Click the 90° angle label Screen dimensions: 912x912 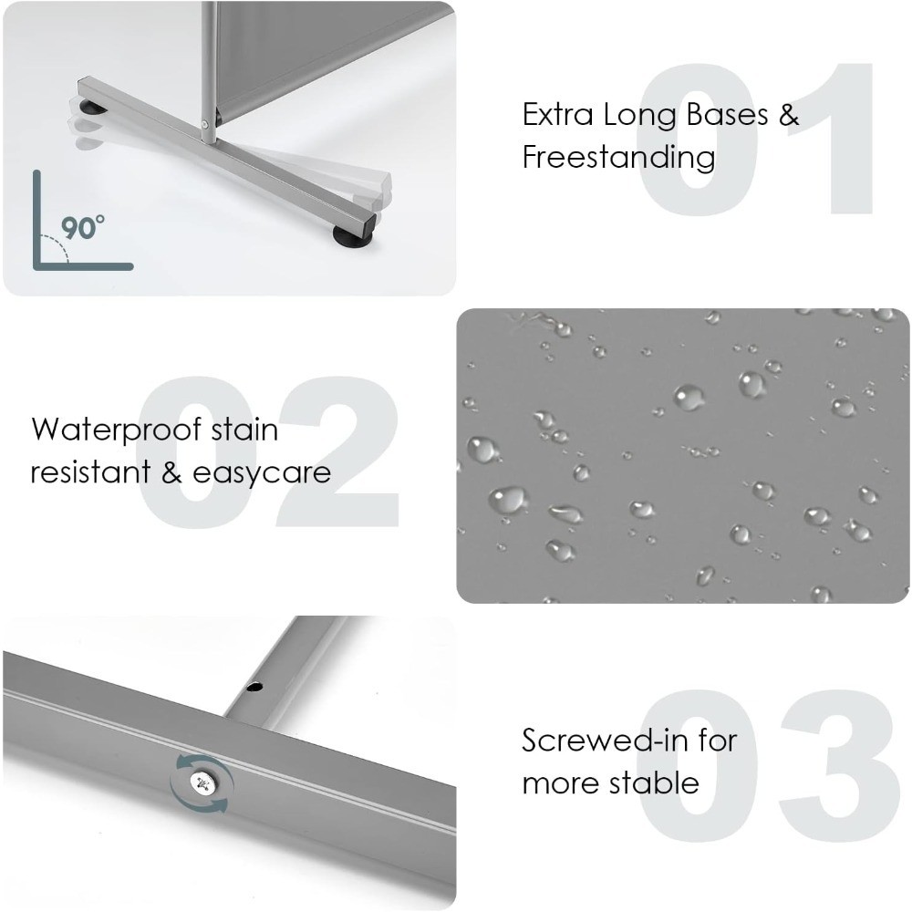click(83, 227)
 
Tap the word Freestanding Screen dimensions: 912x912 click(619, 157)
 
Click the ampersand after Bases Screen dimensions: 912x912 click(788, 114)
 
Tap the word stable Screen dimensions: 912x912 click(656, 782)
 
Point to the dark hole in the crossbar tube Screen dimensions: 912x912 click(254, 687)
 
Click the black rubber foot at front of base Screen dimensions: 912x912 click(352, 235)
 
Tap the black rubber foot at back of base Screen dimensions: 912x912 click(92, 108)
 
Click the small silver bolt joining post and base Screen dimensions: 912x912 click(204, 123)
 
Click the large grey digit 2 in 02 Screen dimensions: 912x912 click(338, 451)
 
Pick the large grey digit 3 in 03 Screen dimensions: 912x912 click(839, 765)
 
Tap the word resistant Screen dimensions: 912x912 click(90, 472)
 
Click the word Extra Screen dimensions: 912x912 click(558, 114)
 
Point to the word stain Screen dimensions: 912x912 click(244, 430)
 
